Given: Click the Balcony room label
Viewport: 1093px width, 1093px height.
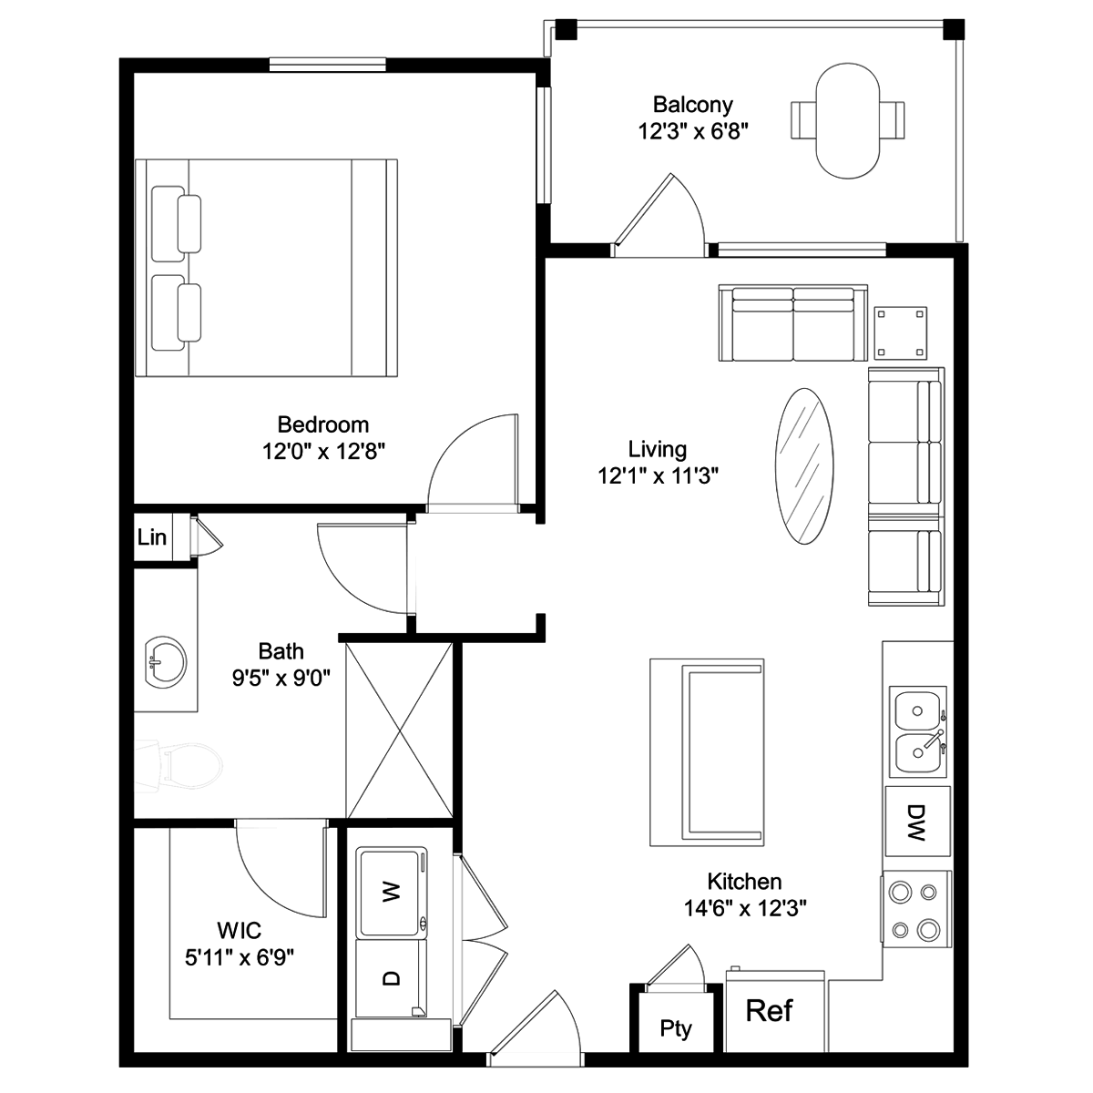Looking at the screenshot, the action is pyautogui.click(x=692, y=105).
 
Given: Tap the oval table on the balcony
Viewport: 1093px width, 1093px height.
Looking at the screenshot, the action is pyautogui.click(x=847, y=121).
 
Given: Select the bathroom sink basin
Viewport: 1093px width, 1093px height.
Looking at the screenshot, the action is pyautogui.click(x=166, y=662).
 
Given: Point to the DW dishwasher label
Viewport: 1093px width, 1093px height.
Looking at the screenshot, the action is pyautogui.click(x=916, y=822).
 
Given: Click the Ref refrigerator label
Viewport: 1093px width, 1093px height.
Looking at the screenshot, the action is pyautogui.click(x=769, y=1010).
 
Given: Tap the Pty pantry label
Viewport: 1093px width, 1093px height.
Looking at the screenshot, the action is pyautogui.click(x=676, y=1028).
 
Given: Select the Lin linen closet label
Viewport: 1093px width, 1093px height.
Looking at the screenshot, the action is pyautogui.click(x=152, y=536).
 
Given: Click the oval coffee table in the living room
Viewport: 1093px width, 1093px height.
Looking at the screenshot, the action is pyautogui.click(x=804, y=466).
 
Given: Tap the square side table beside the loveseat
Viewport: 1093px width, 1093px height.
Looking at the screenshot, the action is pyautogui.click(x=901, y=333).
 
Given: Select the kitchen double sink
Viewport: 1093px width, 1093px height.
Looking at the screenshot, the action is pyautogui.click(x=918, y=731).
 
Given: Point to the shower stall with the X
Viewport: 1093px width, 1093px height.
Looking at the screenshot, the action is pyautogui.click(x=399, y=730).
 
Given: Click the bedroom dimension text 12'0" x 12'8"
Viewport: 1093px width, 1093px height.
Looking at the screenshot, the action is pyautogui.click(x=323, y=452).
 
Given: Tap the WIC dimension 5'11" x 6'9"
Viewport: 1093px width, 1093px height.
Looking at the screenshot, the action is pyautogui.click(x=240, y=958).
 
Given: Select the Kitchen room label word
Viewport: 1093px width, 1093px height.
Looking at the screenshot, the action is pyautogui.click(x=744, y=882).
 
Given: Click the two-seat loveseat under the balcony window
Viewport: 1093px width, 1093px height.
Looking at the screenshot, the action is pyautogui.click(x=793, y=322).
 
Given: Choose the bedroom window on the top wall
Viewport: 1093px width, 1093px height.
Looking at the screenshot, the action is pyautogui.click(x=327, y=65).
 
